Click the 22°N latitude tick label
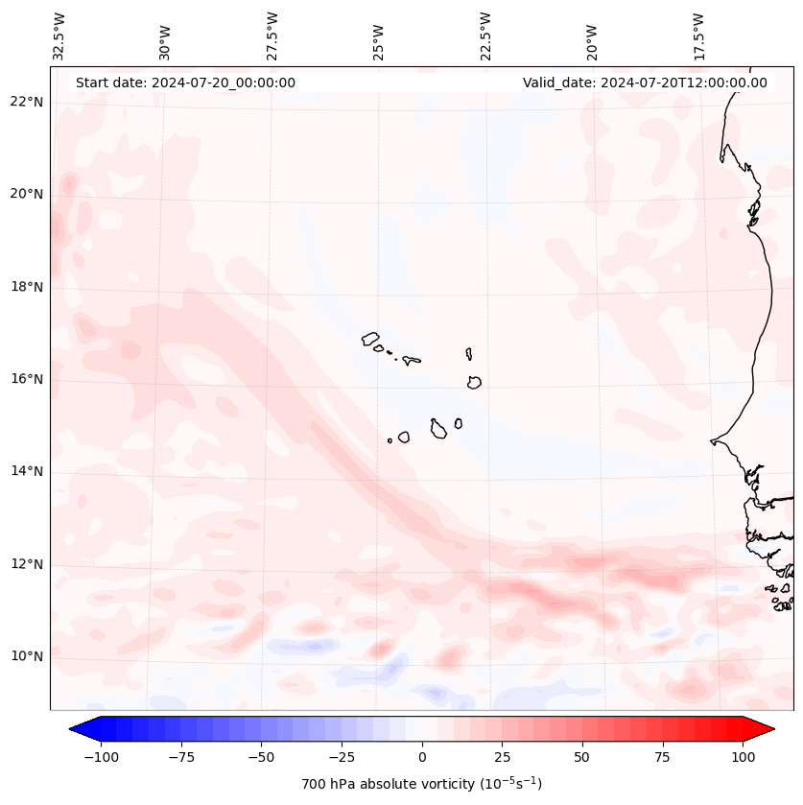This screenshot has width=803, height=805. click(27, 102)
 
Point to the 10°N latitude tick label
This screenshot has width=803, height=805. click(27, 656)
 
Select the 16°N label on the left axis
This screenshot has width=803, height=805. click(27, 379)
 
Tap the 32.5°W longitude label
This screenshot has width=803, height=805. click(59, 36)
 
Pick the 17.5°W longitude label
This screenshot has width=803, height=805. click(699, 36)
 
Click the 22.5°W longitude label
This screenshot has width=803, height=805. click(486, 36)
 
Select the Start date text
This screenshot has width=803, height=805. click(185, 83)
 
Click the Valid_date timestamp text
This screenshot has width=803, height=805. click(645, 83)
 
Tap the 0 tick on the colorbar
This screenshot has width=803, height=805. click(422, 757)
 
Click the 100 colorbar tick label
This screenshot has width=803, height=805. click(743, 757)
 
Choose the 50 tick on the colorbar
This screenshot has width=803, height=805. click(581, 757)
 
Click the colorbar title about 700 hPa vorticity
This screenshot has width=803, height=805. click(421, 784)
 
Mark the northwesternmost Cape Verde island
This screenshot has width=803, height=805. click(370, 338)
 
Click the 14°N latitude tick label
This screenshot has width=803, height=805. click(27, 471)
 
